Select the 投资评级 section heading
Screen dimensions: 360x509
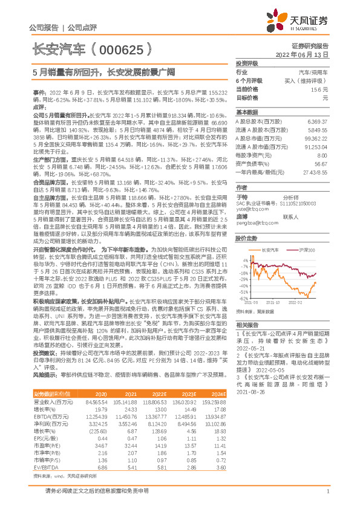(247, 63)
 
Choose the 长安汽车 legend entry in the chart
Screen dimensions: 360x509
(268, 249)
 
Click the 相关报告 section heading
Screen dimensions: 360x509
(247, 325)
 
